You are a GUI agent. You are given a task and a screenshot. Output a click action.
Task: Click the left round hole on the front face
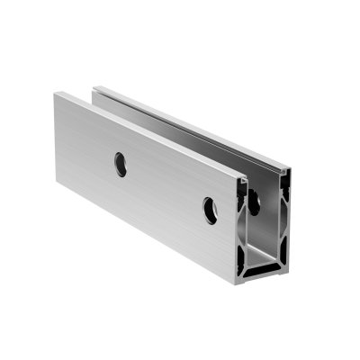click(x=120, y=163)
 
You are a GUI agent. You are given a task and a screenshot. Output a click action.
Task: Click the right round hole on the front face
click(x=210, y=209)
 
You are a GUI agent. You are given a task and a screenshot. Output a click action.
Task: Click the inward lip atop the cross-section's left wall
click(x=244, y=180)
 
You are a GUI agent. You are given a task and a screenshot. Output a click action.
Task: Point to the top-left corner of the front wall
click(x=56, y=94)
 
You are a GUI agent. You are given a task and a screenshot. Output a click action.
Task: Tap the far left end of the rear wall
click(x=96, y=89)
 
